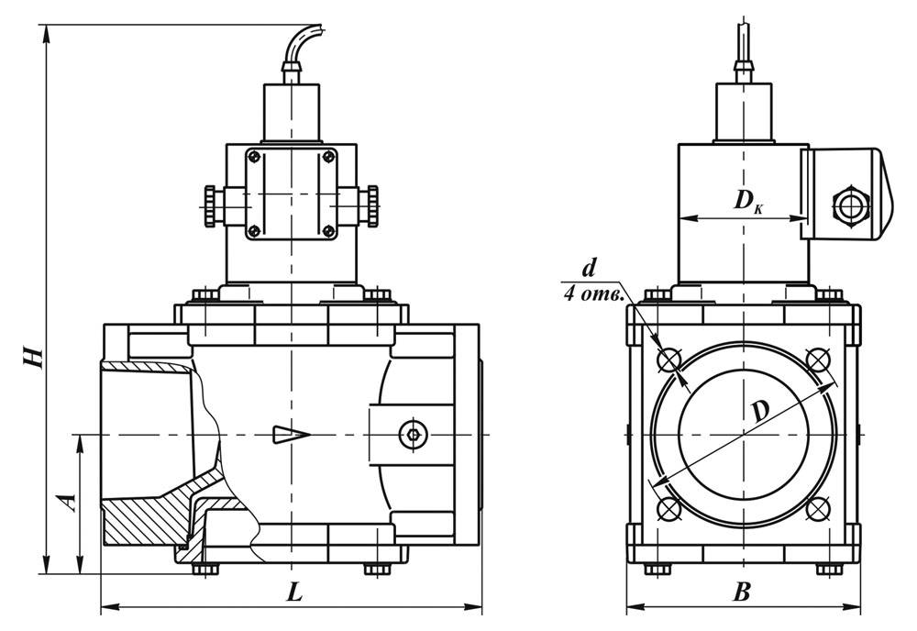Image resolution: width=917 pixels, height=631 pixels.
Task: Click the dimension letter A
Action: (x=65, y=501)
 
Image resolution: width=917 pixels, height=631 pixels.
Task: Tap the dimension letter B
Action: (x=742, y=593)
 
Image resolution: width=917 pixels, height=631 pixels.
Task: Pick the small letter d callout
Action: (x=589, y=268)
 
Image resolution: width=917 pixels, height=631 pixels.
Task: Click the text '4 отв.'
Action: (x=595, y=294)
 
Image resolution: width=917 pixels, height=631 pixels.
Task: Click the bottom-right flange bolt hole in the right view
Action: (x=818, y=507)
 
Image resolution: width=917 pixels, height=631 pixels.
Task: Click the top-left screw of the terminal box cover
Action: (x=254, y=157)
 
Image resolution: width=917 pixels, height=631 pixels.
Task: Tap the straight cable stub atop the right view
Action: (x=744, y=41)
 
